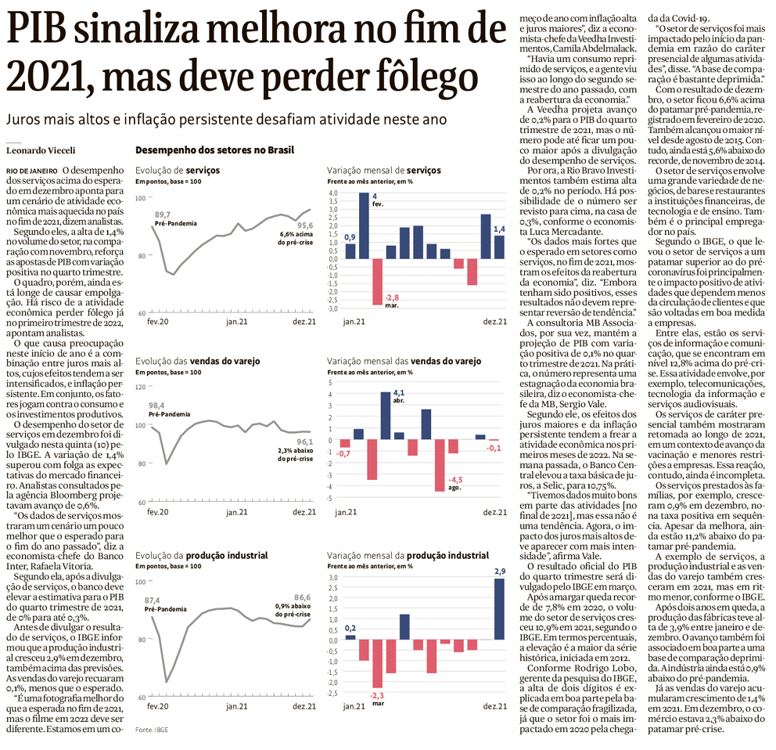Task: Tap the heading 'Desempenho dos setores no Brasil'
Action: point(214,150)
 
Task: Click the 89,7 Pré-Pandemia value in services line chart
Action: point(163,214)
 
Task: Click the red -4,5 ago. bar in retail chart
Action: point(439,465)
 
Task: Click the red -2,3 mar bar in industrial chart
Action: point(378,664)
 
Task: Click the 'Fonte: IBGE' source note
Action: point(152,730)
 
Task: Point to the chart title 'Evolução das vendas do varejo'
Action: point(197,361)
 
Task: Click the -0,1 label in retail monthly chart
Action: point(494,448)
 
